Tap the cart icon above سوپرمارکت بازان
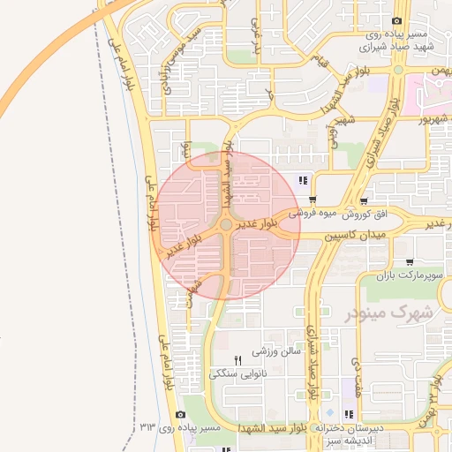(410, 262)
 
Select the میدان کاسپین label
(357, 237)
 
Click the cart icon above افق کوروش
(363, 201)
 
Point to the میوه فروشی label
(314, 214)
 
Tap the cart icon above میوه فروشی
(313, 200)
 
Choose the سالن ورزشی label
(277, 350)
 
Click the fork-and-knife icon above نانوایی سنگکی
(237, 359)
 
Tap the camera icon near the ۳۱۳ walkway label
(181, 414)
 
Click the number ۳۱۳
(147, 427)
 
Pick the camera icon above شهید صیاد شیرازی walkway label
(397, 21)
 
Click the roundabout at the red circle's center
(227, 225)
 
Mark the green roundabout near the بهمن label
(398, 69)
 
